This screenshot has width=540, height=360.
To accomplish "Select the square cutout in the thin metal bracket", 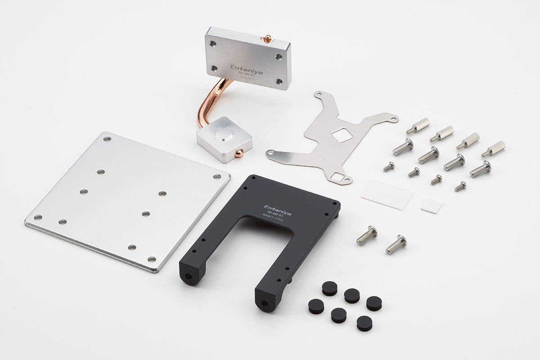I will pos(343,134).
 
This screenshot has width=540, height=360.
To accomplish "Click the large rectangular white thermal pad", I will pos(387,194).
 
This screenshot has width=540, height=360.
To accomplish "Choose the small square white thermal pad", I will pos(431,205).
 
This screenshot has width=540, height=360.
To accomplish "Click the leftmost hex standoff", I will pos(418,126).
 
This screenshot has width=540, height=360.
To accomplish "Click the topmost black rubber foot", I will pos(329,288).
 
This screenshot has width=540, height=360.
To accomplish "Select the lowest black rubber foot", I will pos(364,323).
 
